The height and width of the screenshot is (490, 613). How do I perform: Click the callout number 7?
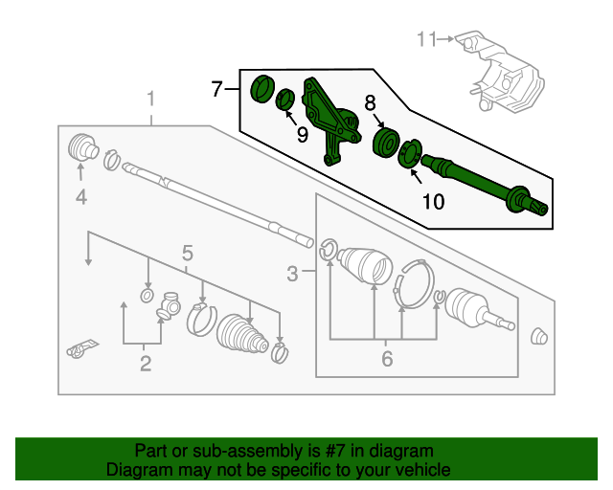pyautogui.click(x=216, y=90)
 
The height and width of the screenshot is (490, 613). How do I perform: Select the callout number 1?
pyautogui.click(x=150, y=99)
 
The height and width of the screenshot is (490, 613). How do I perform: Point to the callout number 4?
pyautogui.click(x=81, y=198)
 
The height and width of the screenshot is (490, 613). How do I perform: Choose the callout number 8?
pyautogui.click(x=370, y=103)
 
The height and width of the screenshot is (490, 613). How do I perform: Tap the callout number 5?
pyautogui.click(x=188, y=253)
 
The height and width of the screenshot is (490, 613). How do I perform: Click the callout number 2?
pyautogui.click(x=145, y=363)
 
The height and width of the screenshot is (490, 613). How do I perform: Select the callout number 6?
pyautogui.click(x=387, y=359)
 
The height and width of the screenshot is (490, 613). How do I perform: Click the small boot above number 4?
pyautogui.click(x=84, y=148)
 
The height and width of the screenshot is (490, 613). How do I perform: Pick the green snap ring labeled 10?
pyautogui.click(x=409, y=153)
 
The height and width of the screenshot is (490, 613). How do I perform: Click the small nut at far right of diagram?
pyautogui.click(x=539, y=336)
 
